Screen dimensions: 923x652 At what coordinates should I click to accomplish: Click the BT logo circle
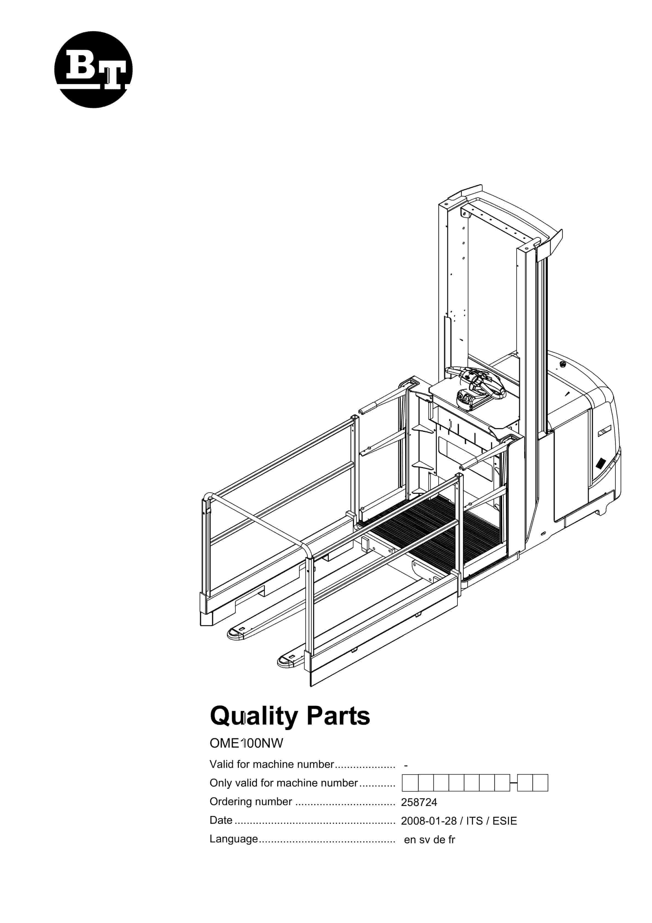click(x=93, y=70)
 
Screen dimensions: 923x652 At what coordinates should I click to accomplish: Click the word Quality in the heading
click(x=254, y=716)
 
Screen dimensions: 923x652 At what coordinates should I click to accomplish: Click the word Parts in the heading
click(x=338, y=716)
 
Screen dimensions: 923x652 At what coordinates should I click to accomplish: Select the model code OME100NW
click(x=246, y=743)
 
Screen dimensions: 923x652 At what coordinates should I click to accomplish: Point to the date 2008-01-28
click(x=428, y=821)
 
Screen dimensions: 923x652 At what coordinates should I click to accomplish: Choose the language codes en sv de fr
click(x=429, y=840)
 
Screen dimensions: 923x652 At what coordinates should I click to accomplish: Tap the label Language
click(x=234, y=839)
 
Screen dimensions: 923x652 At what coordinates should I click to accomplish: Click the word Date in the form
click(x=221, y=820)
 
